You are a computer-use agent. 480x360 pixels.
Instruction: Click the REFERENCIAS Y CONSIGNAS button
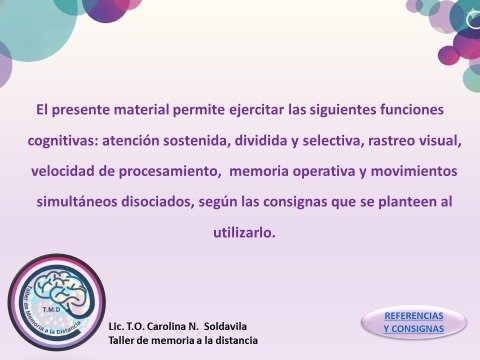coord(412,321)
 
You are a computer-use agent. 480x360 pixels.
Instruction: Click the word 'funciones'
coord(411,106)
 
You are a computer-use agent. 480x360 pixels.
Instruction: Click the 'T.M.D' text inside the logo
coord(61,283)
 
